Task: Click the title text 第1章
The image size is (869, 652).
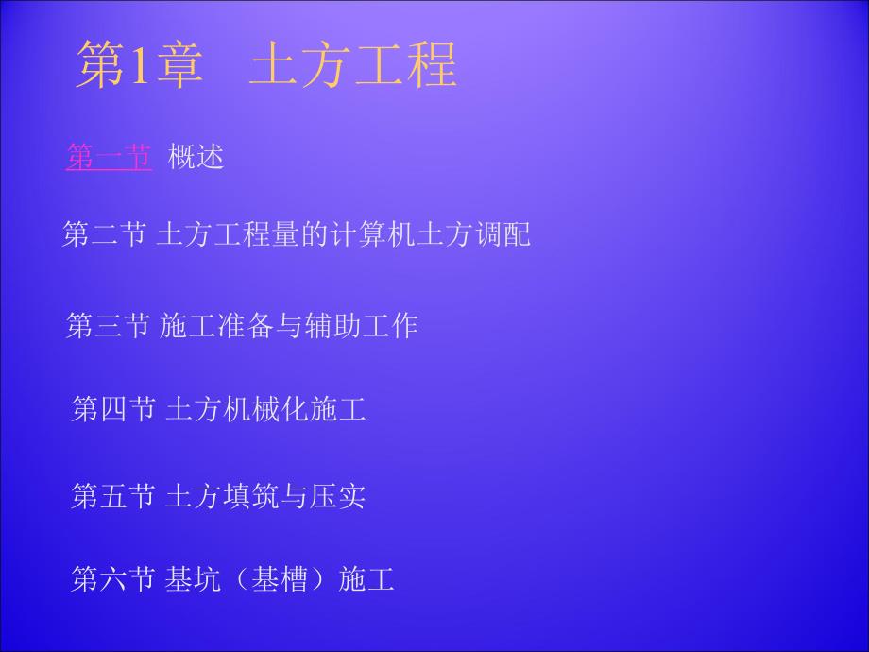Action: [140, 64]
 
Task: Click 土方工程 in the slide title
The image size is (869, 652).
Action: [353, 64]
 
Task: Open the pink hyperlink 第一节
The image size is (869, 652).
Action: [109, 157]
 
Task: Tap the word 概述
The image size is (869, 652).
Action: [196, 157]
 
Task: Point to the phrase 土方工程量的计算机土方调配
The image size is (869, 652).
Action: [347, 234]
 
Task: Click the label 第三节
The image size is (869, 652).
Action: [108, 326]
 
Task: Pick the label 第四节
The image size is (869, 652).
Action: [113, 409]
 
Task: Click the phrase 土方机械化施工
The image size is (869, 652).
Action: [265, 409]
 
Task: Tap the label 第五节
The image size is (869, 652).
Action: [113, 495]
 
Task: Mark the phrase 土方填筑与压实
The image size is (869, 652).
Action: [265, 495]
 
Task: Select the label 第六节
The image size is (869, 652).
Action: [113, 578]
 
